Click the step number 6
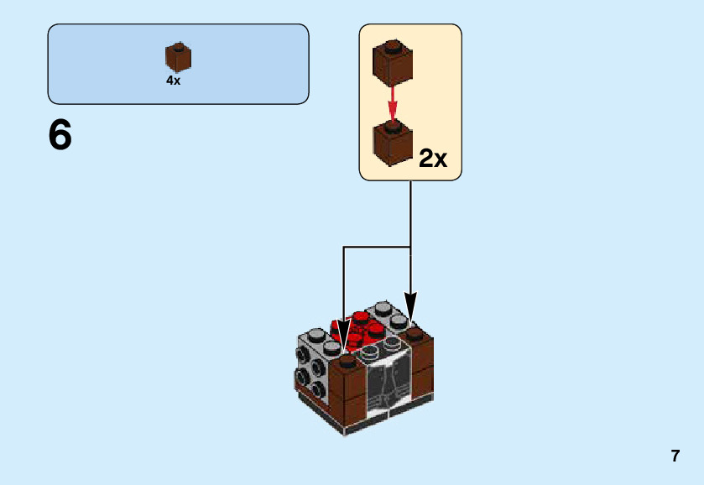tap(60, 135)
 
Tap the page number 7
tap(675, 456)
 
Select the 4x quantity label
tap(173, 81)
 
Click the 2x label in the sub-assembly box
tap(433, 159)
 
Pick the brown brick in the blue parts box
tap(178, 58)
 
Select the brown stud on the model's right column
tap(415, 333)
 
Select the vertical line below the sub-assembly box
tap(410, 214)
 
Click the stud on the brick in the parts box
tap(178, 45)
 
